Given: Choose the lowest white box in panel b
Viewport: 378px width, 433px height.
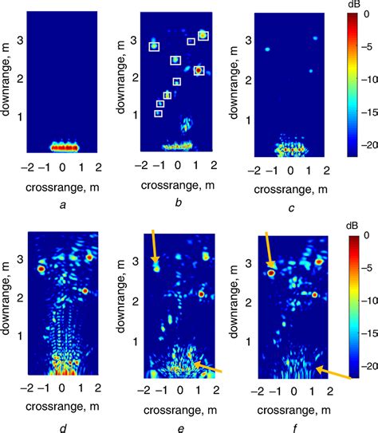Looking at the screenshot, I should [158, 113].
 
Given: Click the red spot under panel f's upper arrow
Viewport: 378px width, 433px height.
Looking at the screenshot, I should [272, 274].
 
